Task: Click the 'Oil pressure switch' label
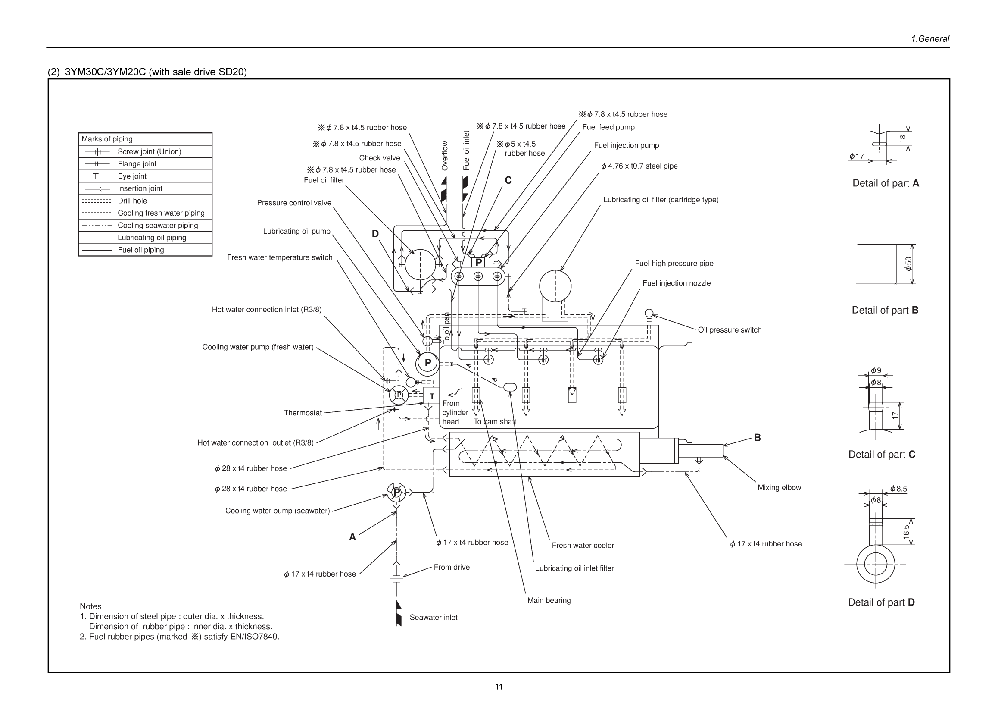[x=730, y=330]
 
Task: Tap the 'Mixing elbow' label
[x=779, y=488]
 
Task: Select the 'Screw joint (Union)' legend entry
[x=149, y=151]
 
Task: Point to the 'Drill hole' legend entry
[x=132, y=201]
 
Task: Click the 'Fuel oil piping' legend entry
[x=140, y=250]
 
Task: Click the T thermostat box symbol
[x=432, y=396]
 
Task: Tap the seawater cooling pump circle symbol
[x=396, y=493]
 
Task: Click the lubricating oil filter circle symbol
[x=555, y=286]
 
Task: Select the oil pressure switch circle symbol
[x=649, y=313]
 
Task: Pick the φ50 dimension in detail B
[x=908, y=264]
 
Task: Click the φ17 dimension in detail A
[x=856, y=156]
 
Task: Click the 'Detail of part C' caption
[x=882, y=454]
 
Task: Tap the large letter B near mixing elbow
[x=757, y=438]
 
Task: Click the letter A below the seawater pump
[x=352, y=537]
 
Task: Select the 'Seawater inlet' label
[x=433, y=617]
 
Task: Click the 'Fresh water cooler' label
[x=583, y=545]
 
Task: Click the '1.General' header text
[x=930, y=39]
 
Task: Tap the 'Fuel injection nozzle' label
[x=677, y=283]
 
